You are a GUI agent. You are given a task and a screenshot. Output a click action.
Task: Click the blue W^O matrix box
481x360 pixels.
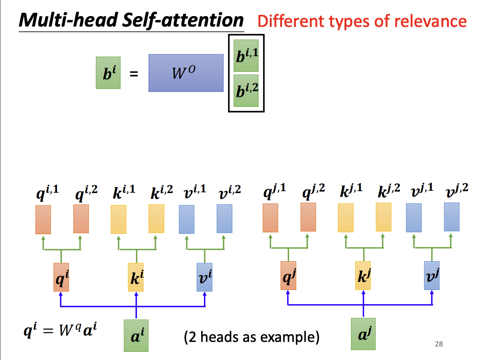pos(186,73)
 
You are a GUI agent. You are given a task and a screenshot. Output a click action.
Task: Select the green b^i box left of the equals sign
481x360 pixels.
pos(108,73)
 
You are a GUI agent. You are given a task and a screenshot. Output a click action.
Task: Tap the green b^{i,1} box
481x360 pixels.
pos(246,55)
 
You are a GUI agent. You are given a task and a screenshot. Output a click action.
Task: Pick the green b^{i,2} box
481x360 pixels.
pos(246,90)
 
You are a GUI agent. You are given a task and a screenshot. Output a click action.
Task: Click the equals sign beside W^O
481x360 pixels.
pos(134,74)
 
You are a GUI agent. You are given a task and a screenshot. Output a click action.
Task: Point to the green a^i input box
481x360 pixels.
pos(136,335)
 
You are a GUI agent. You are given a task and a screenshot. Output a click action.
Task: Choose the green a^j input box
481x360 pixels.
pos(363,333)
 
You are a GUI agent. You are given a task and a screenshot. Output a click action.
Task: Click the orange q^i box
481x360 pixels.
pos(61,277)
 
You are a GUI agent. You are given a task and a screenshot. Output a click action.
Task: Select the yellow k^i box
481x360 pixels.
pos(135,277)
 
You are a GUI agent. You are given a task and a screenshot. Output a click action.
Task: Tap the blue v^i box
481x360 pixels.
pos(204,277)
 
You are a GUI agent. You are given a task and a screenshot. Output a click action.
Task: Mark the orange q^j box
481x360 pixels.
pos(288,275)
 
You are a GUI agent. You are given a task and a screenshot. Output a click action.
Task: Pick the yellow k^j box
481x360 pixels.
pos(363,275)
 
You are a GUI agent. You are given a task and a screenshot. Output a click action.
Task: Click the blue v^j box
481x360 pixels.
pos(432,275)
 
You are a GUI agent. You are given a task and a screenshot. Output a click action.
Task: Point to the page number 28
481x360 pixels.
pos(439,344)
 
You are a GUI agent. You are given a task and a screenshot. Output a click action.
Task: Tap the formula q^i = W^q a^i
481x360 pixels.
pos(59,330)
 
